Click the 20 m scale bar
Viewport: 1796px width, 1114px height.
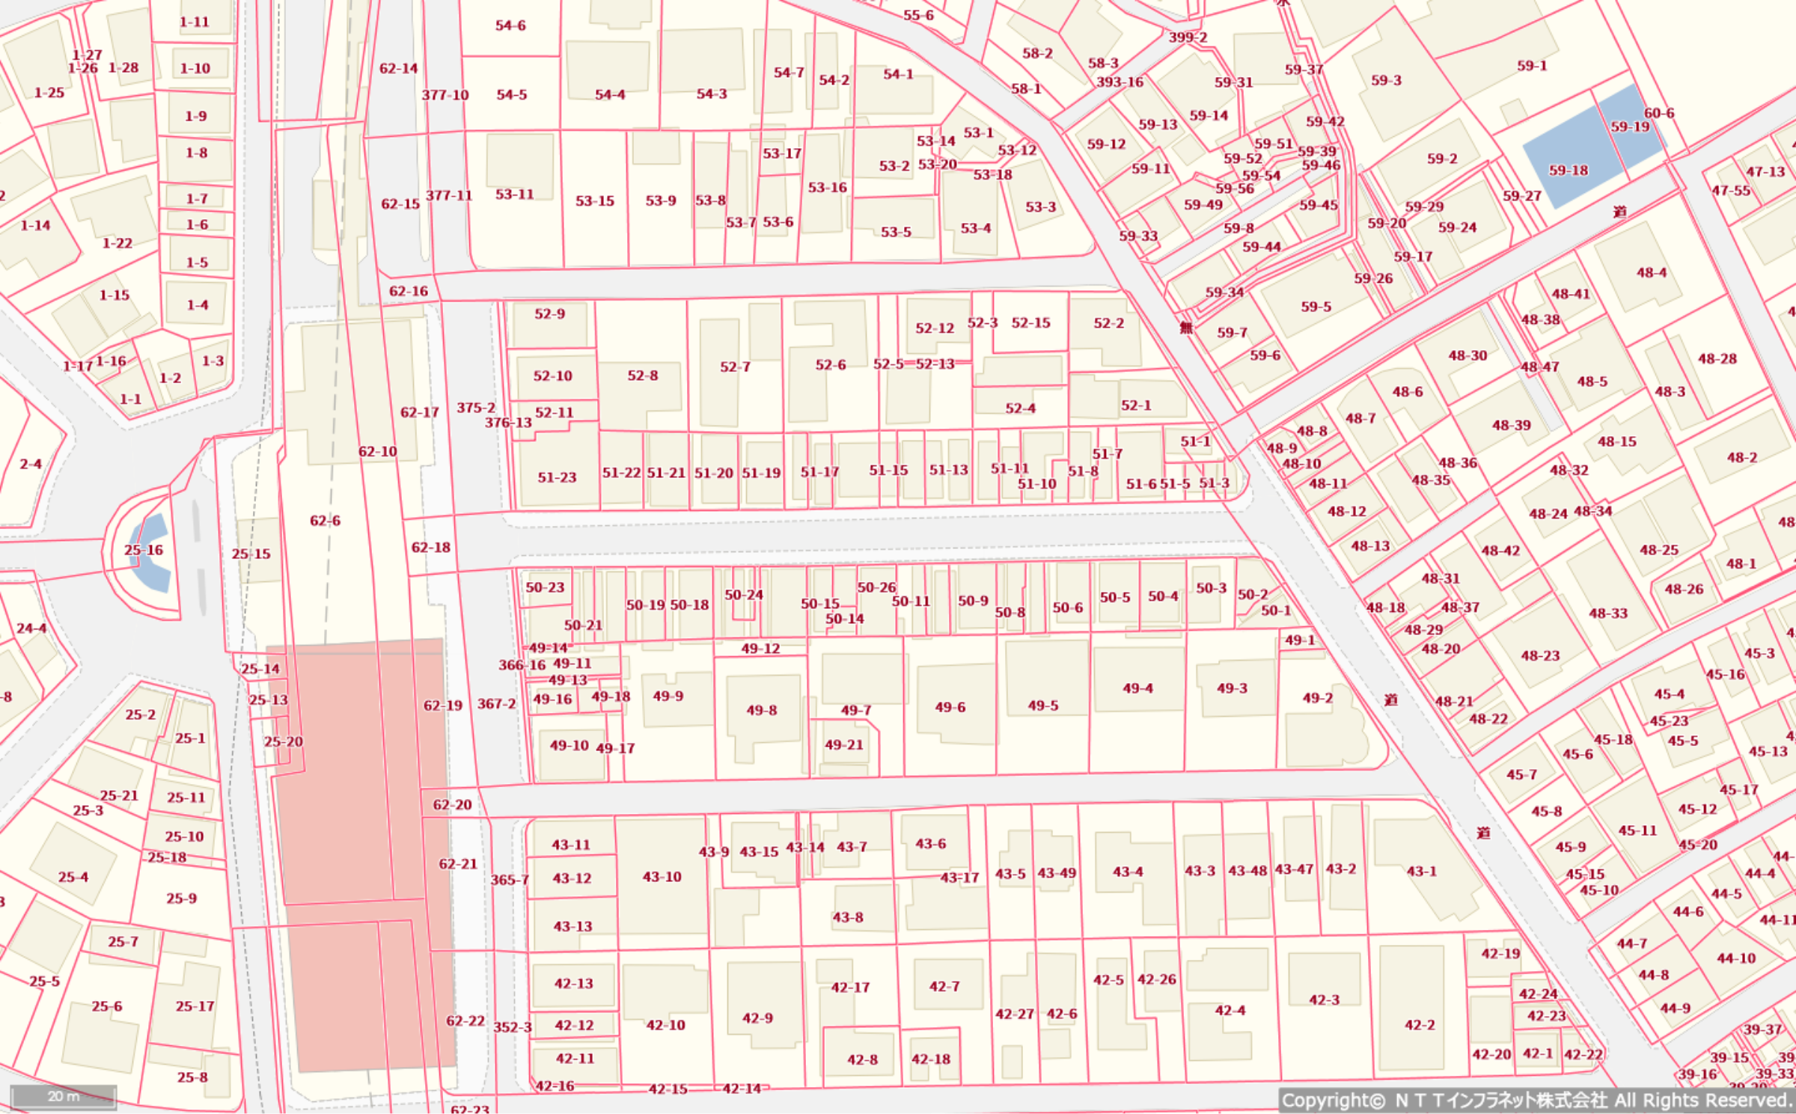point(64,1097)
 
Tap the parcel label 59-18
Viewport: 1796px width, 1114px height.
point(1569,171)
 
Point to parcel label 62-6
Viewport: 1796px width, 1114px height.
point(325,521)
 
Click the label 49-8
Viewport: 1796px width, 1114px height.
point(761,710)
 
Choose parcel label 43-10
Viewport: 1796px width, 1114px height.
point(662,876)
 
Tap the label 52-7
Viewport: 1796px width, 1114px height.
point(735,367)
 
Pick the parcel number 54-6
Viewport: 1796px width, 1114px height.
point(510,25)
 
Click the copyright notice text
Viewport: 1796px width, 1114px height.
point(1536,1101)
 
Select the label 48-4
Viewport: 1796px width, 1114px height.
point(1651,272)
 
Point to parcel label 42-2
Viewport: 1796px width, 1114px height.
point(1420,1025)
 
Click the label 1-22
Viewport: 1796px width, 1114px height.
point(117,243)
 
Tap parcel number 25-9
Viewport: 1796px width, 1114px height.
point(181,899)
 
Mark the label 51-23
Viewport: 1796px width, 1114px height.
point(557,477)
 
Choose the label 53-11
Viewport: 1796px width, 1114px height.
point(514,195)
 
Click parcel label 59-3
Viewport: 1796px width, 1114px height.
point(1386,80)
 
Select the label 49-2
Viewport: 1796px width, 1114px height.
point(1317,698)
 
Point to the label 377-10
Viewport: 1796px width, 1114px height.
point(445,95)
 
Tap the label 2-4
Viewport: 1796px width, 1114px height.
point(31,464)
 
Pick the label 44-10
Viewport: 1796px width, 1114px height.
point(1735,958)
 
